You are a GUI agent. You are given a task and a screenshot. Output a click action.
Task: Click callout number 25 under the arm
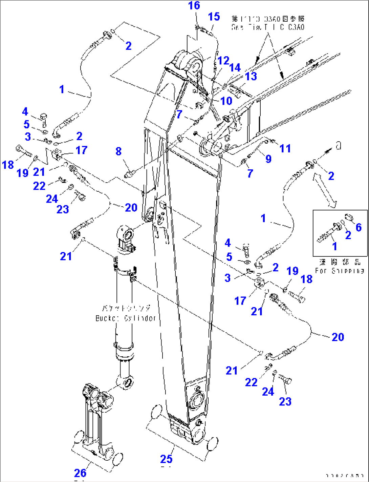(166, 459)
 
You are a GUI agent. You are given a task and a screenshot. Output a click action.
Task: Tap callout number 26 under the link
(80, 473)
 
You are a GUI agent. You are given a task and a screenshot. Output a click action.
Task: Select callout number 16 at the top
(194, 5)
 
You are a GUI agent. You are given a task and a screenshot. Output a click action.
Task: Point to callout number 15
(214, 17)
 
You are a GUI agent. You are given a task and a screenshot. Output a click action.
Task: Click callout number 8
(118, 151)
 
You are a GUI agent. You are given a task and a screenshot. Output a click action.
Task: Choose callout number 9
(268, 159)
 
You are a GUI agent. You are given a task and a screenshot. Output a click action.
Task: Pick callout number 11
(285, 148)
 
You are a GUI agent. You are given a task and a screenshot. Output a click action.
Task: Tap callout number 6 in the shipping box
(359, 227)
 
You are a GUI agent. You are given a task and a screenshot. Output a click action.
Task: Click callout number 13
(251, 76)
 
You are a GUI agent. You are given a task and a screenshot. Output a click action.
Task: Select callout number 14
(235, 67)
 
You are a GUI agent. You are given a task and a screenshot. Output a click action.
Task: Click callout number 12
(223, 61)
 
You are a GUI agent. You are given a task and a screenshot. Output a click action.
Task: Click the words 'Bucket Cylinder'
(126, 318)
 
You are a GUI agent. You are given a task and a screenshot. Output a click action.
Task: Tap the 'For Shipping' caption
(340, 271)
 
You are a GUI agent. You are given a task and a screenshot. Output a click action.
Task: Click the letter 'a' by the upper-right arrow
(338, 146)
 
